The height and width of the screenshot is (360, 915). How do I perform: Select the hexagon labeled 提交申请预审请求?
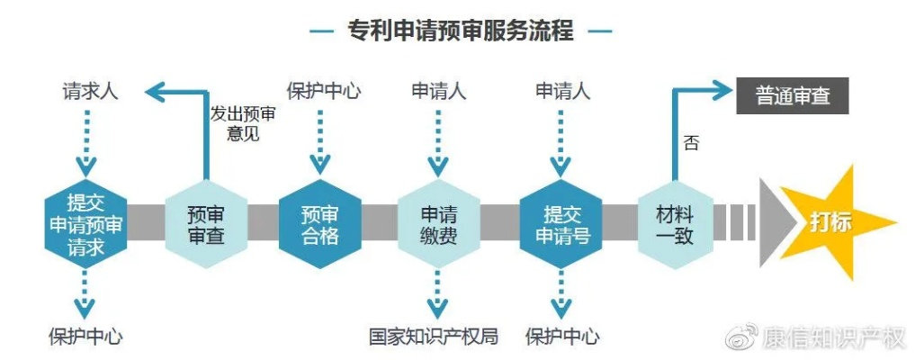coord(86,223)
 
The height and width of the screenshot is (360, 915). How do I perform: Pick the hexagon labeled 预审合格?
coord(319,224)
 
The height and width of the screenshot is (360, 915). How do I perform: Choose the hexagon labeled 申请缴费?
coord(438,224)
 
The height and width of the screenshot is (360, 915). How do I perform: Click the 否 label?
coord(691,143)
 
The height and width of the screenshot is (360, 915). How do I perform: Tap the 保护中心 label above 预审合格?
coord(323,92)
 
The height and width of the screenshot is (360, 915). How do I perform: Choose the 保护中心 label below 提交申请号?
coord(562,337)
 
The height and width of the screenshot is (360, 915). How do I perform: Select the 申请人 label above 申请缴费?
coord(438,92)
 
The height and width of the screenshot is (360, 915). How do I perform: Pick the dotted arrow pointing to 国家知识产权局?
coord(437,293)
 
